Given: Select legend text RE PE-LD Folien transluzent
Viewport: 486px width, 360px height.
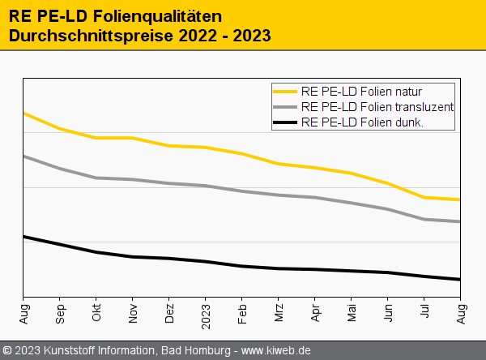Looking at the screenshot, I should pyautogui.click(x=376, y=106).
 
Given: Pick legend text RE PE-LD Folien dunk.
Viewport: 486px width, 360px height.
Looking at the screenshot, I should pyautogui.click(x=362, y=122).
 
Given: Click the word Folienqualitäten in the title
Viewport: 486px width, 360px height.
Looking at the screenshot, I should pyautogui.click(x=156, y=16).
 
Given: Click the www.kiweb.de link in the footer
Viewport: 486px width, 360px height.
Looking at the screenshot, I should pyautogui.click(x=276, y=350).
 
